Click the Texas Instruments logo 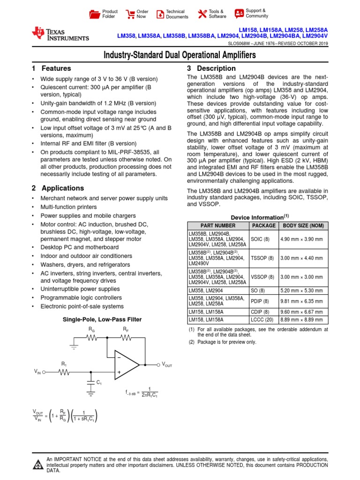tap(60, 34)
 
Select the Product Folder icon tap(95, 14)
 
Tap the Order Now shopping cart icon tap(129, 14)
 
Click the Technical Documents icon tap(160, 14)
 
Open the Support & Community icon tap(239, 13)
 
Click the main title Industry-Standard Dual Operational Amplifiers tap(180, 55)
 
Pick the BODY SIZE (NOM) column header tap(303, 225)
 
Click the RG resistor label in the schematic tap(91, 330)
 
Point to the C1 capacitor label tap(99, 383)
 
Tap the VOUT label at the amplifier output tap(166, 364)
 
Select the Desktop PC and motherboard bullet tap(80, 247)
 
